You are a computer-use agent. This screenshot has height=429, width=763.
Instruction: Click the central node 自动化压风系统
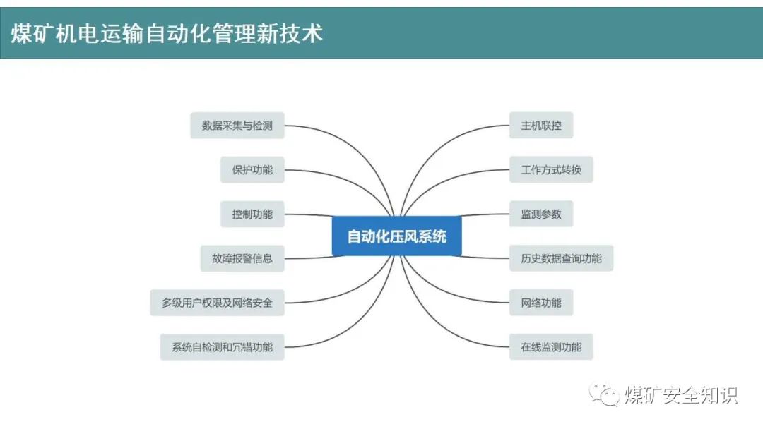tap(396, 236)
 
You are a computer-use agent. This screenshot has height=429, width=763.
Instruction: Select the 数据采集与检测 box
tap(237, 126)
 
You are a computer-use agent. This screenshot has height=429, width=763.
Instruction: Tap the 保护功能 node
tap(252, 169)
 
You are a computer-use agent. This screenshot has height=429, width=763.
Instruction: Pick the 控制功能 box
tap(252, 214)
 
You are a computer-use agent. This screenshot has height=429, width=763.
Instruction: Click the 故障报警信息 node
tap(242, 258)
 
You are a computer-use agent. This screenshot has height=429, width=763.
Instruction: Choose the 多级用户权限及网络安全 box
tap(217, 303)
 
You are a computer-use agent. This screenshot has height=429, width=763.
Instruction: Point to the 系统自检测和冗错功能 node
tap(222, 347)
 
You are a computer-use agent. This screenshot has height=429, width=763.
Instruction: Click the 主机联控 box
tap(541, 126)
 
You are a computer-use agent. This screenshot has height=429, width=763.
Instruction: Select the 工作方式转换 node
tap(551, 169)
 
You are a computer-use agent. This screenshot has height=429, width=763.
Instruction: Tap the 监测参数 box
tap(541, 214)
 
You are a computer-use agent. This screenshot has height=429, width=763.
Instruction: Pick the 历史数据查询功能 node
tap(561, 258)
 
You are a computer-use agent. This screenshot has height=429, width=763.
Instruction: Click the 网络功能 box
tap(541, 303)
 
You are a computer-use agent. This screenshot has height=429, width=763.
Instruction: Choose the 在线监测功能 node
tap(551, 347)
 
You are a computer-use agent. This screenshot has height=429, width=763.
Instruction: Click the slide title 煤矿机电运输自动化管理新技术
tap(167, 34)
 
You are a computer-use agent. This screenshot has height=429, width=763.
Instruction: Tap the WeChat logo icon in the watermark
tap(604, 394)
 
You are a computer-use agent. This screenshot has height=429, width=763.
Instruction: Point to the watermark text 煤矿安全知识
tap(681, 395)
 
